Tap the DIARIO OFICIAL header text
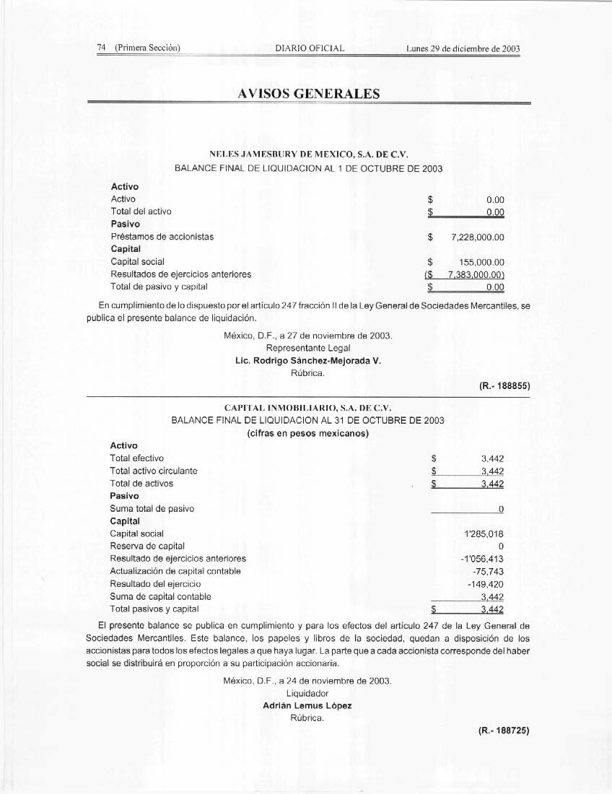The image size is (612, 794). (310, 49)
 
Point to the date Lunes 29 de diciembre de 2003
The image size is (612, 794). (463, 49)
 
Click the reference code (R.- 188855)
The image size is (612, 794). (504, 386)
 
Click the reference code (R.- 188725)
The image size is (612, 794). (504, 730)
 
